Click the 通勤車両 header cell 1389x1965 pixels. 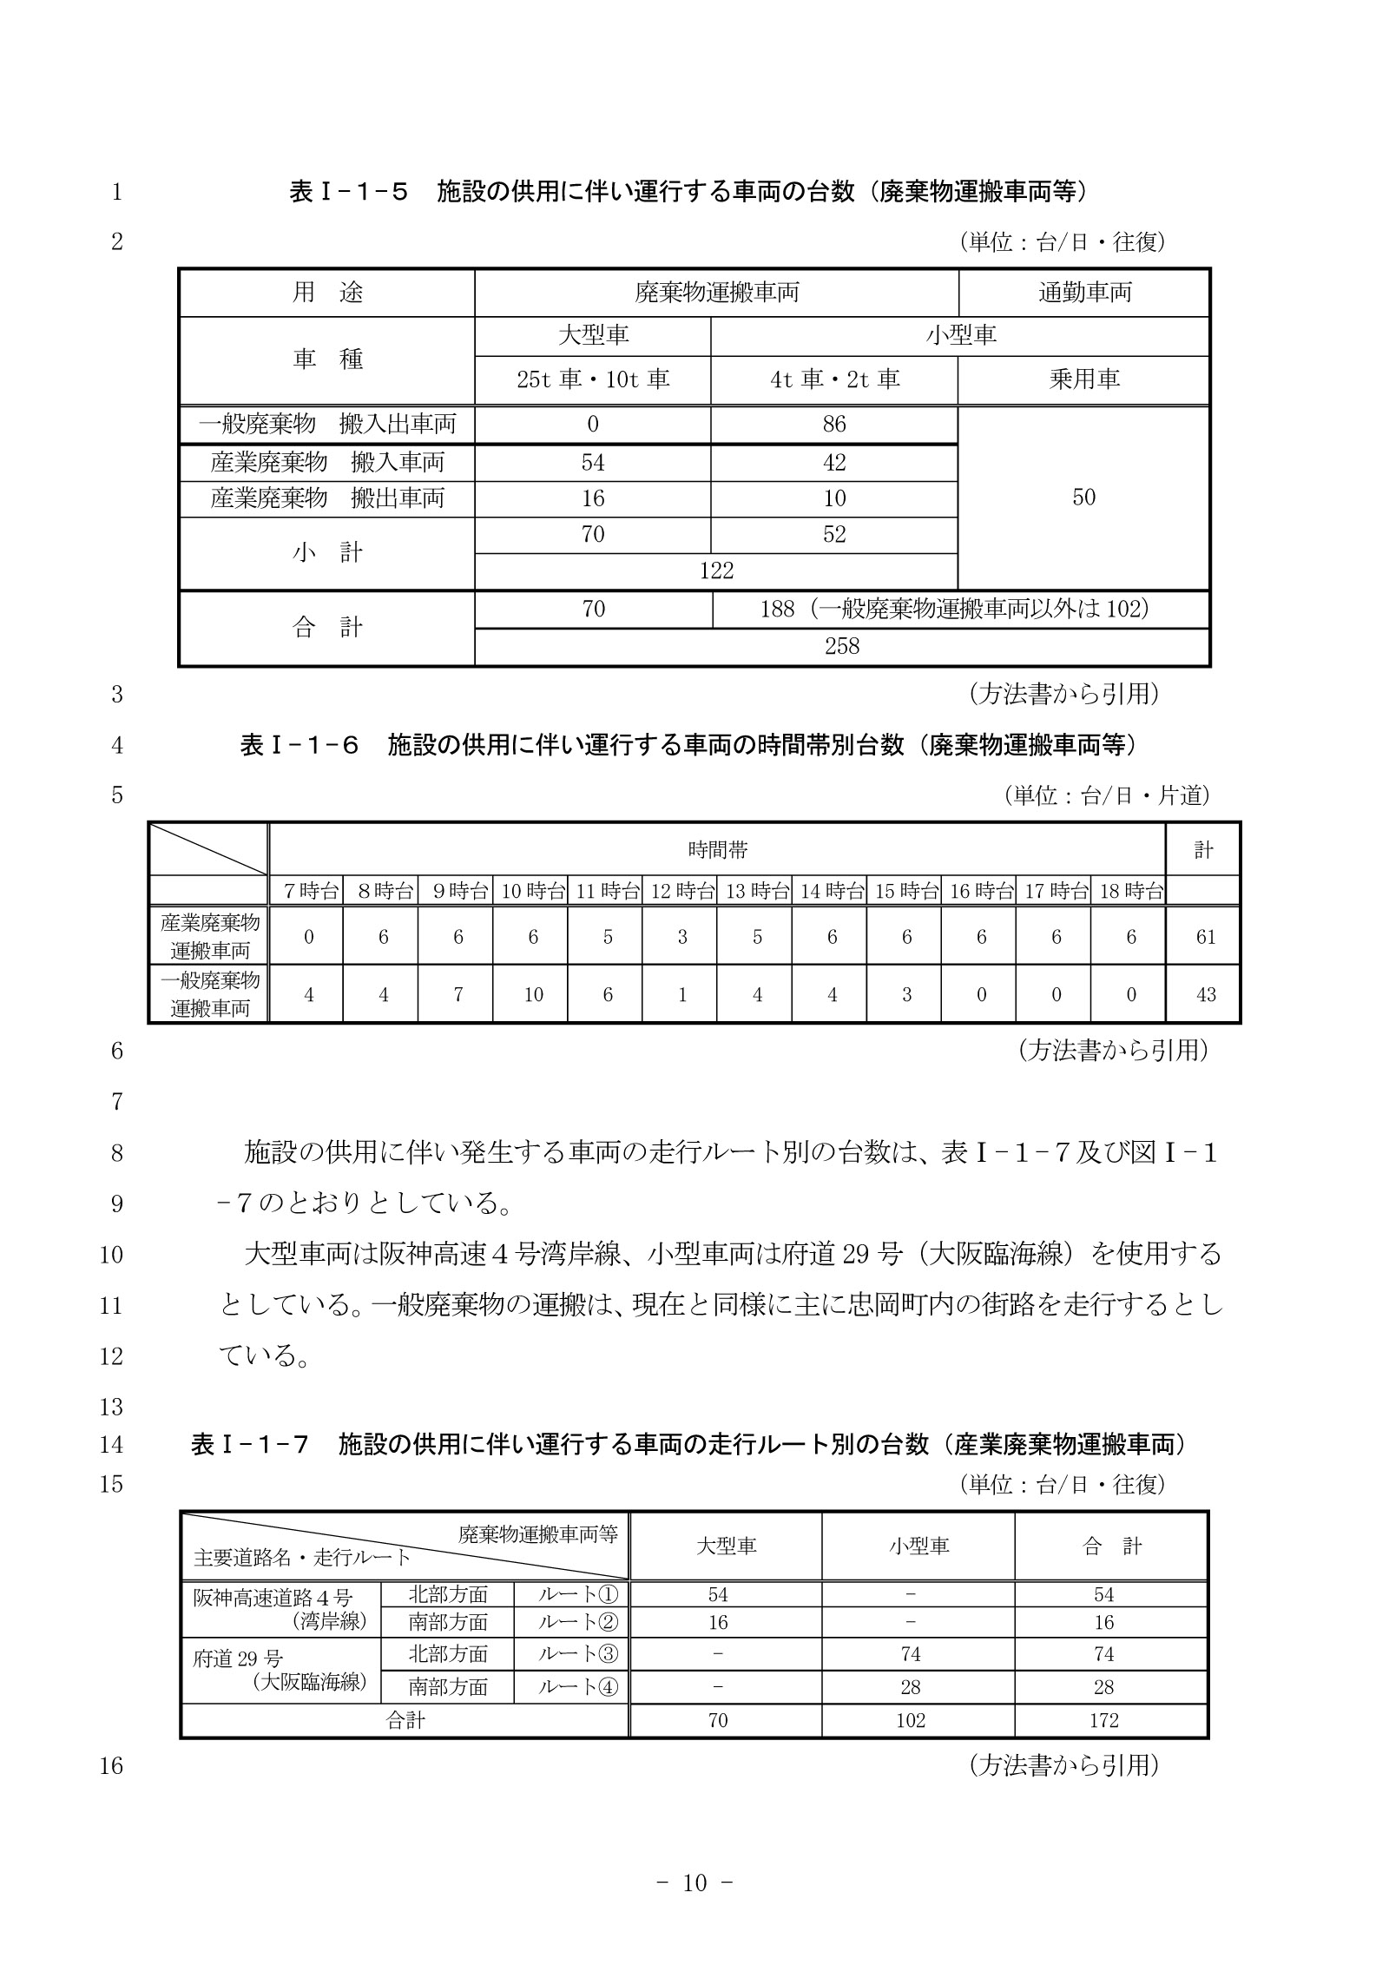click(x=1084, y=293)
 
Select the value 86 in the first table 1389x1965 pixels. click(x=833, y=425)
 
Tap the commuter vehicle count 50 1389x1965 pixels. click(x=1083, y=498)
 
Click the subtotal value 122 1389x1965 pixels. click(x=716, y=570)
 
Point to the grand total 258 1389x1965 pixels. click(x=841, y=646)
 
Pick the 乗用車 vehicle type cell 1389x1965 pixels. click(x=1084, y=379)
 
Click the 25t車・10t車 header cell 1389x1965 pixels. click(x=593, y=379)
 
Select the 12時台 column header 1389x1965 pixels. click(x=682, y=891)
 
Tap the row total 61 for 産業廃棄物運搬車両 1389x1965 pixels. click(x=1205, y=937)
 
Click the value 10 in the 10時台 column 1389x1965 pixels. click(x=533, y=995)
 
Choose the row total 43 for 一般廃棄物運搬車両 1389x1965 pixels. click(x=1205, y=995)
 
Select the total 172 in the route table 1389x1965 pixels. click(x=1103, y=1720)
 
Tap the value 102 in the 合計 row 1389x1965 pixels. click(x=911, y=1720)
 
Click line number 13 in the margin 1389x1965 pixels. click(x=112, y=1408)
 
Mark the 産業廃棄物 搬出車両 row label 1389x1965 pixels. click(x=327, y=498)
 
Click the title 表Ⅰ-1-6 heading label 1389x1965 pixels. click(x=300, y=745)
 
